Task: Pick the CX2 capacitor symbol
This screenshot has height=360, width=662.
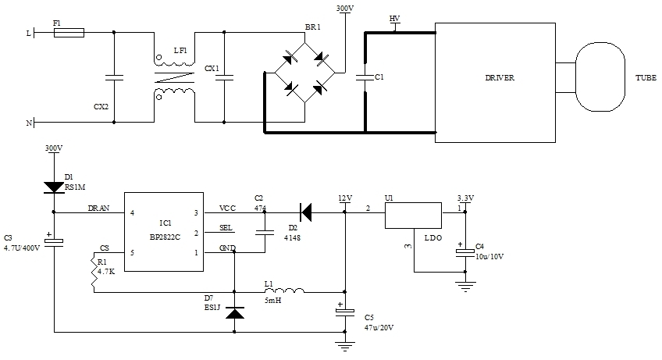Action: (114, 77)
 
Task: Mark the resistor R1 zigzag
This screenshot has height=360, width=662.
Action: (94, 273)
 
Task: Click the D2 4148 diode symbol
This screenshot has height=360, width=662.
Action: (307, 211)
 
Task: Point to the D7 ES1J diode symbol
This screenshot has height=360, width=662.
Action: (234, 312)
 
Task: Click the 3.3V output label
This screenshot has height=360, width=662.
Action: (464, 198)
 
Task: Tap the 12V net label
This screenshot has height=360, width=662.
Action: (345, 198)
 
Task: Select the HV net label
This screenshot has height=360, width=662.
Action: (394, 18)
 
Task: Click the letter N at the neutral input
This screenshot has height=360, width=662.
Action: (30, 123)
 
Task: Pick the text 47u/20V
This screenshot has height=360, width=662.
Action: (379, 327)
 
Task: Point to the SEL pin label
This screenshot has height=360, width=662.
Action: (226, 227)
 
